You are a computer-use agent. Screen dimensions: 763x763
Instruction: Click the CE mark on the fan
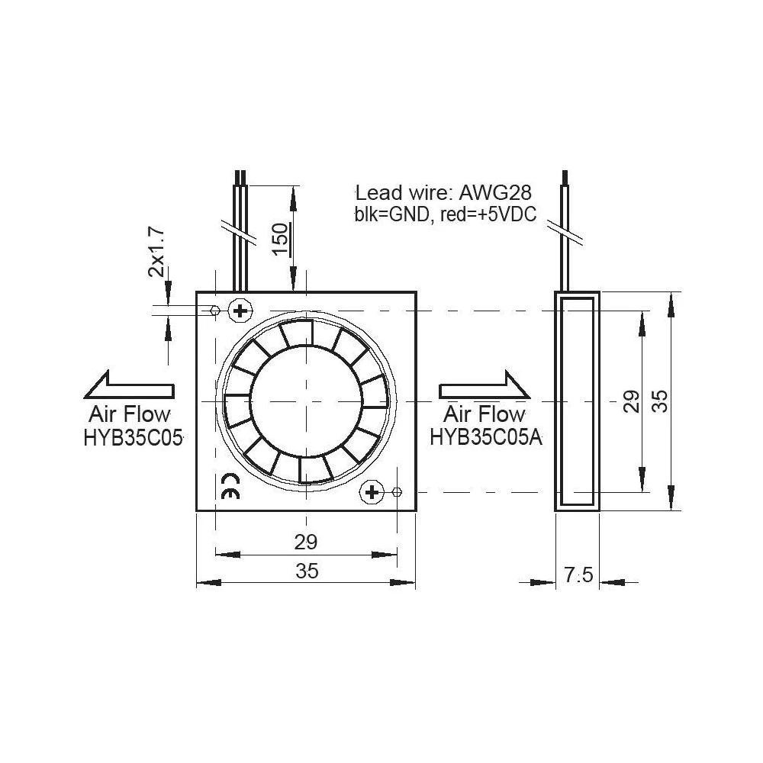(x=229, y=486)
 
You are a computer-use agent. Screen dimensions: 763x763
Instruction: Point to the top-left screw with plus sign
(x=240, y=310)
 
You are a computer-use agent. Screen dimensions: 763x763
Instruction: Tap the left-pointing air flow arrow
(x=129, y=385)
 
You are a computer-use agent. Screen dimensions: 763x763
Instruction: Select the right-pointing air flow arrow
(x=485, y=385)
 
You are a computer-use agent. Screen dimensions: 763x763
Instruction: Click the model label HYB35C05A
(x=486, y=437)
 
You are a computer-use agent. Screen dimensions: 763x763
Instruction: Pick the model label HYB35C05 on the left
(x=134, y=437)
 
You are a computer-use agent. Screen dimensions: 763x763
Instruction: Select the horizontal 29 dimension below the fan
(x=305, y=542)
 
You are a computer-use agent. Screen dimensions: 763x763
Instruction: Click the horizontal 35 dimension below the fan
(x=307, y=571)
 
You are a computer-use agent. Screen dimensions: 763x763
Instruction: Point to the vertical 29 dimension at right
(x=631, y=401)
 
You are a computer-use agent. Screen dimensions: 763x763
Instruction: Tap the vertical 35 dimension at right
(x=660, y=401)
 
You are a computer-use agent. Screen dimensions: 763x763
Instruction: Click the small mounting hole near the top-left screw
(x=214, y=310)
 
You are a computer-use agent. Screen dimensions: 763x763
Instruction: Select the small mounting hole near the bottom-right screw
(x=396, y=492)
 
